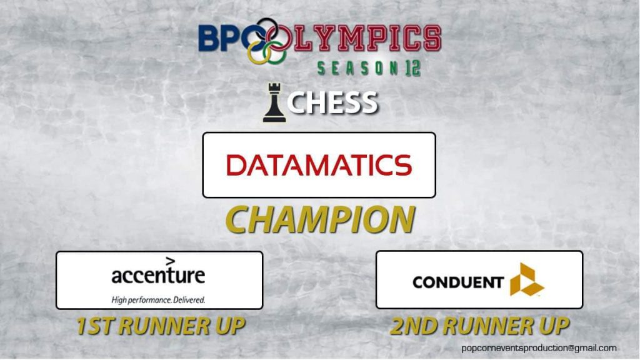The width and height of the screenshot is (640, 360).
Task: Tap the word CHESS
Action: point(332,102)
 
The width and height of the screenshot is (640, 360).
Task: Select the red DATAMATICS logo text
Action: point(319,165)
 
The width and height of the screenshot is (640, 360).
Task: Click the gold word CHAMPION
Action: point(321,219)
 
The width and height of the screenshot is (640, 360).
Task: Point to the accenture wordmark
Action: point(158,276)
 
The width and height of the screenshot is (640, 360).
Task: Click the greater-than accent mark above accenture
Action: point(171,261)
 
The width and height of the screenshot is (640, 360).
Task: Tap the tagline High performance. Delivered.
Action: point(158,300)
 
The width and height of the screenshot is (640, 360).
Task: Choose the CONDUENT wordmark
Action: point(458,282)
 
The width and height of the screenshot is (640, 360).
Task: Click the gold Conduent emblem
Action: point(526,280)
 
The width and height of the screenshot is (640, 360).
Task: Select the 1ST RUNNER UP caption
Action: point(161,326)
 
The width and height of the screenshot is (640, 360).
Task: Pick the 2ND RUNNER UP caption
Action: point(479,326)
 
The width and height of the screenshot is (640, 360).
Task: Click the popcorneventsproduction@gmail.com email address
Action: point(539,348)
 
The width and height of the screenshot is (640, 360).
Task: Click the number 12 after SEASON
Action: point(412,68)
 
